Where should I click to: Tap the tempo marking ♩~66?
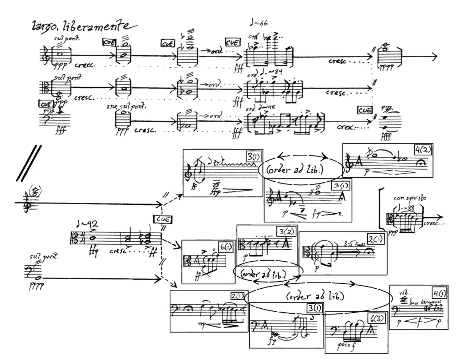coord(259,23)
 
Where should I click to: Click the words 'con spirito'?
coord(410,198)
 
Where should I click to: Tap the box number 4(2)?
coord(423,150)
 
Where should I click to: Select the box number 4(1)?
coord(439,293)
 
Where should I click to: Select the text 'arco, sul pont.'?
coord(126,106)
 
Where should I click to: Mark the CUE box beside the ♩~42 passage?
coord(163,219)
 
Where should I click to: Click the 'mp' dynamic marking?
coord(202,323)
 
